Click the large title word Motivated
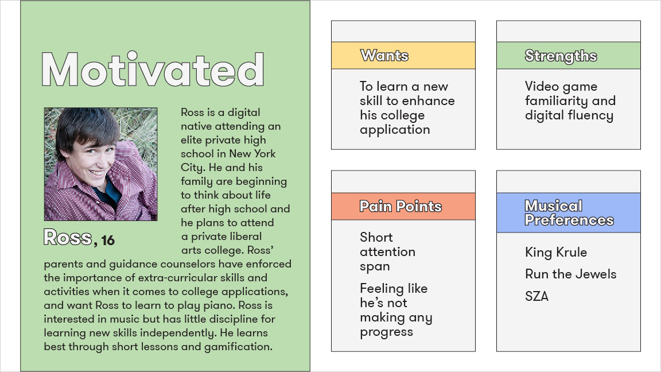pos(153,69)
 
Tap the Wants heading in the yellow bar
pos(384,56)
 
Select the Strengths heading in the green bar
pos(561,56)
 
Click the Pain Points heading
pos(401,206)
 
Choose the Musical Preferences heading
pos(569,213)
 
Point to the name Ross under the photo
pos(68,238)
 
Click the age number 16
pos(108,241)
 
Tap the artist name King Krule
pos(556,252)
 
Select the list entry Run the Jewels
pos(571,274)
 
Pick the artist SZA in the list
pos(536,296)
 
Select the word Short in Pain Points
pos(376,238)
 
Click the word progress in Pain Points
pos(387,332)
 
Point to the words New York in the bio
pos(252,153)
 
